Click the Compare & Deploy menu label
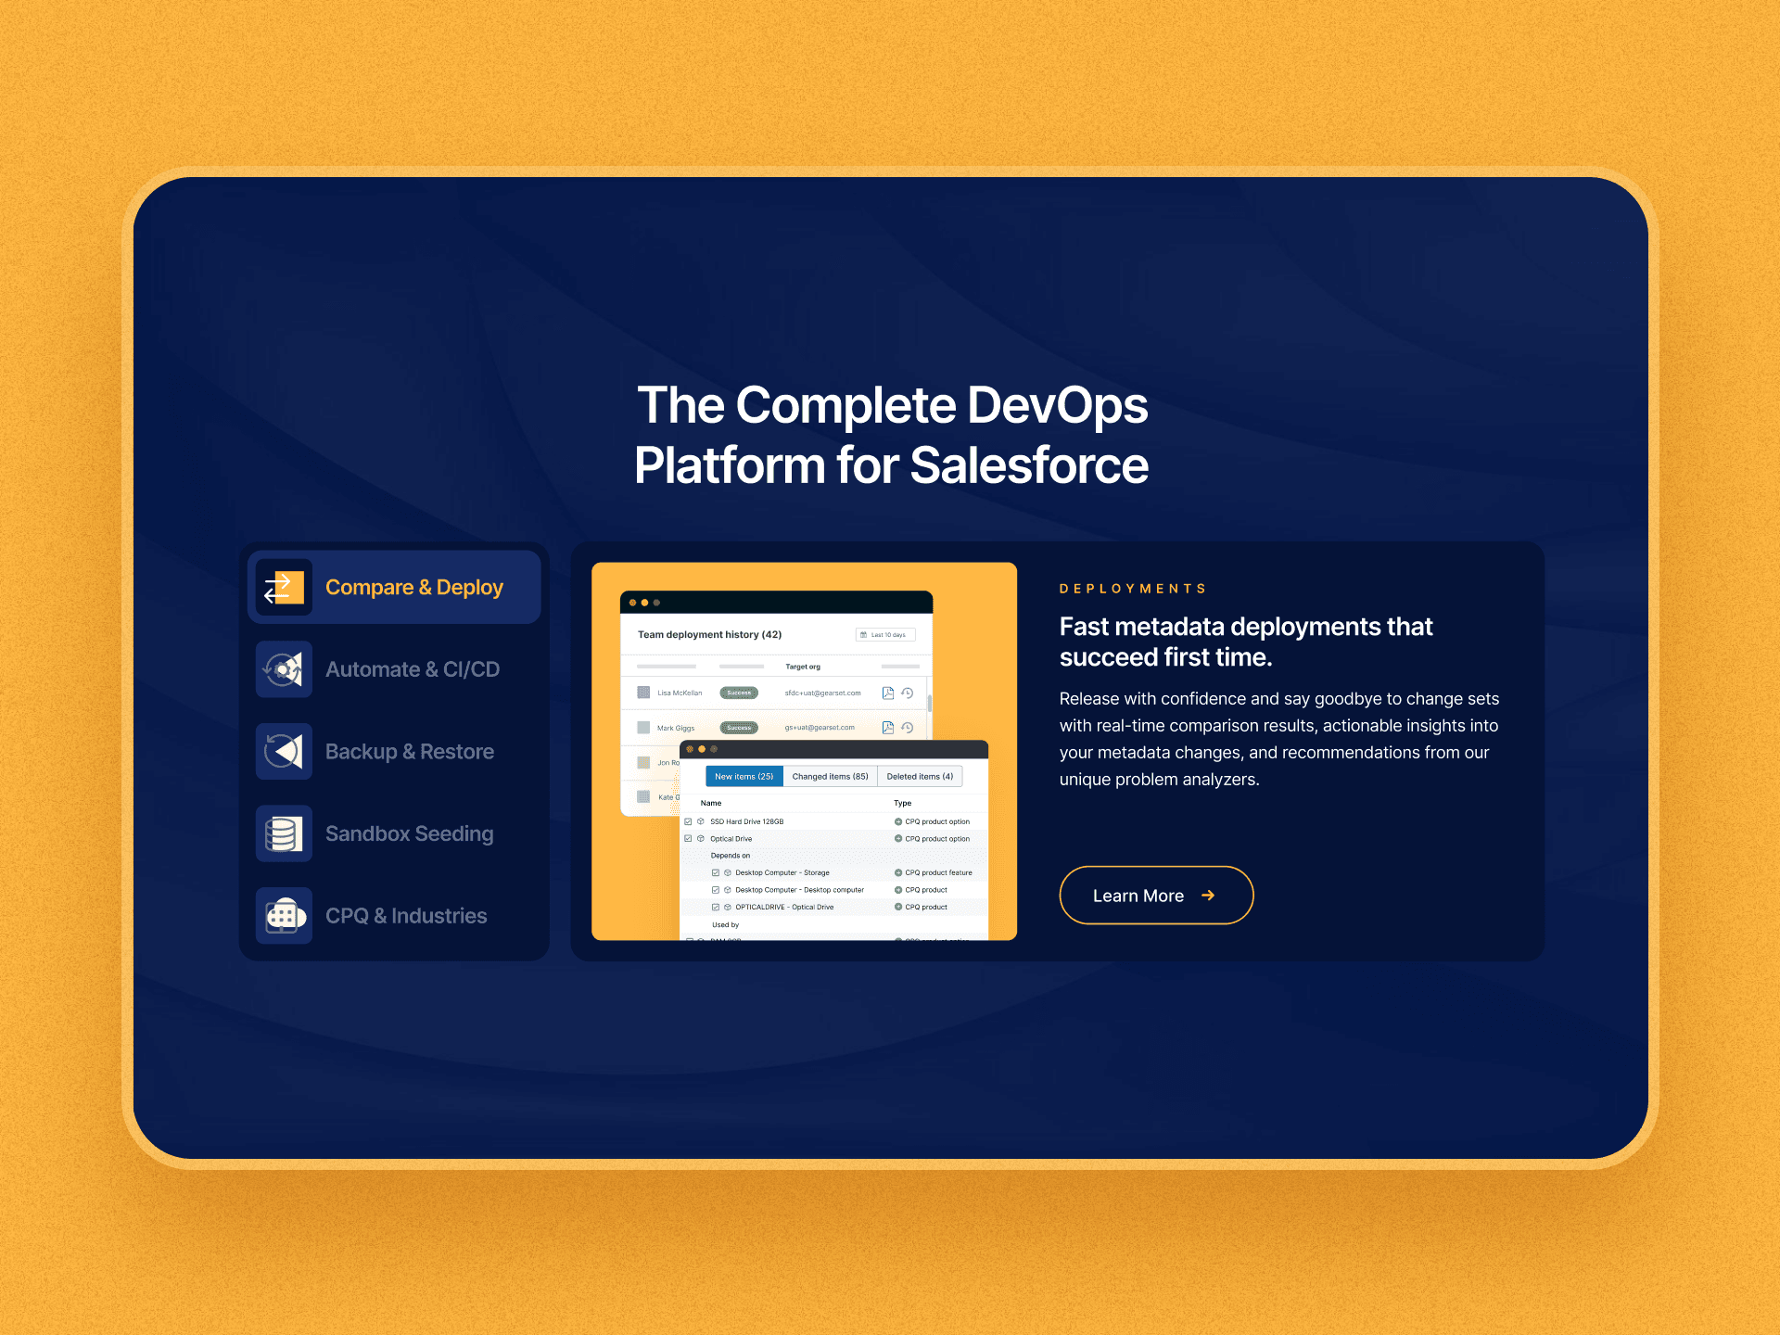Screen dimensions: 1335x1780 point(413,588)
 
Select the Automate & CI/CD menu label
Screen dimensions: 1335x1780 point(412,669)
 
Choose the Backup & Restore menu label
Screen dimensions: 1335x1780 point(409,752)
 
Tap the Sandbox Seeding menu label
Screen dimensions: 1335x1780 point(409,833)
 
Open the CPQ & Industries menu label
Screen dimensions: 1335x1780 point(406,916)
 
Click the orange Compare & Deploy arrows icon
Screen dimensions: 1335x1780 point(284,588)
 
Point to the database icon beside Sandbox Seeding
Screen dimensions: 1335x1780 point(284,833)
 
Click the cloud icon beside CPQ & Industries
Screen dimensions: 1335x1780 point(284,916)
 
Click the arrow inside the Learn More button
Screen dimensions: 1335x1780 point(1208,896)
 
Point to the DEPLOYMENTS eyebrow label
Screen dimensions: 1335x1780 point(1133,589)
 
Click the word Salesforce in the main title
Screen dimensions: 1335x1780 point(1029,465)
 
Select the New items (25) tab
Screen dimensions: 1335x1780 point(744,777)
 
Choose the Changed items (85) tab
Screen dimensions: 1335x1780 point(830,777)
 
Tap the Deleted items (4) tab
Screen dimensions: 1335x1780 point(920,777)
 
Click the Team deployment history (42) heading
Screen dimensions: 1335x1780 point(709,635)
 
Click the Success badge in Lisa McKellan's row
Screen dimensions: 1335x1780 point(739,693)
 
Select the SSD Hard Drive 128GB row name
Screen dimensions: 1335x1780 point(746,821)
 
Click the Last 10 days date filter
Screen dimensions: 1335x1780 point(885,635)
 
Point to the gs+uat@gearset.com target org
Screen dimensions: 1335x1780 point(820,728)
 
